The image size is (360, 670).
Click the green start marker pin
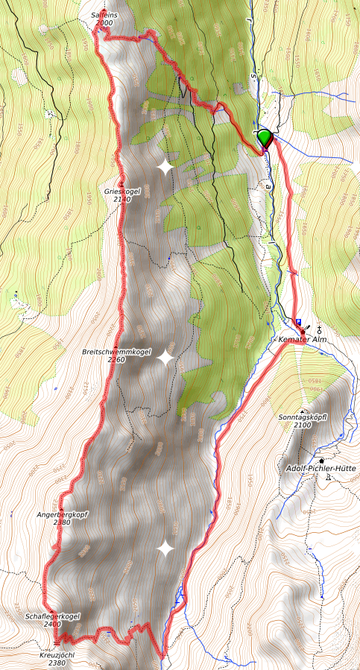tap(265, 138)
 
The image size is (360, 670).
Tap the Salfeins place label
tap(104, 15)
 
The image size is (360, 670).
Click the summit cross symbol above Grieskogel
tap(121, 183)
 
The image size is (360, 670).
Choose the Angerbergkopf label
tap(62, 514)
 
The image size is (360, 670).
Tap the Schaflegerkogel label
tap(52, 616)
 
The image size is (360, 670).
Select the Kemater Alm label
tap(303, 340)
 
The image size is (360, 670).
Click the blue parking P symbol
tap(298, 322)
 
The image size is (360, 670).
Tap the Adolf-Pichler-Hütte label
tap(321, 468)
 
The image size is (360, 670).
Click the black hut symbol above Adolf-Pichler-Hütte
tap(322, 460)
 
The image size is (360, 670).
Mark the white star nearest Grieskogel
tap(165, 167)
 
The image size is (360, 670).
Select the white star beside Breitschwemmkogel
tap(165, 358)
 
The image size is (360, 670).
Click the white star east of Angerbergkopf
tap(165, 549)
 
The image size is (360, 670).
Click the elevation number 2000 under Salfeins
tap(104, 23)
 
